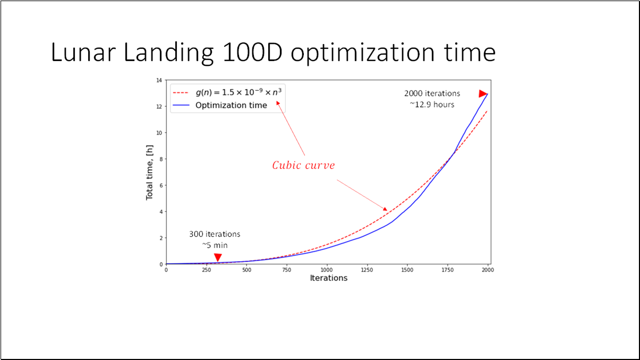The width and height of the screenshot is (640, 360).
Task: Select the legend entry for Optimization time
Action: coord(231,105)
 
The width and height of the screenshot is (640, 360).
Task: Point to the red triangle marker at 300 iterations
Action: coord(218,258)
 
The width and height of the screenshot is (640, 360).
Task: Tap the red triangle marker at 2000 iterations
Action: coord(483,94)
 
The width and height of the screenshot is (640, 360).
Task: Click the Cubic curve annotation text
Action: coord(303,165)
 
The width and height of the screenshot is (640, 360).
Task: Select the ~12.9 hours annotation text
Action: coord(432,105)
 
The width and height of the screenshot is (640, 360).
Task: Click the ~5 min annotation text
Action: coord(215,245)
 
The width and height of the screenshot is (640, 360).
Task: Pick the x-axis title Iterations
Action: coord(328,278)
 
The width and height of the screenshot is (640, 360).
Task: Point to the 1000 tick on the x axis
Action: coord(327,269)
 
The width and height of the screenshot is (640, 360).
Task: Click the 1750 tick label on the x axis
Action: coord(447,269)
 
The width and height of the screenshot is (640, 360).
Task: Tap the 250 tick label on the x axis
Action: coord(206,269)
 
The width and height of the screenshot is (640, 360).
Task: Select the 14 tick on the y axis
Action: coord(159,80)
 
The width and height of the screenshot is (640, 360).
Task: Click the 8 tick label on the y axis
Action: coord(160,159)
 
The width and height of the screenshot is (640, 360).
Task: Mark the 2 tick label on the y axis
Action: coord(160,238)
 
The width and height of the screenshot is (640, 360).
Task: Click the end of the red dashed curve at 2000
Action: coord(487,111)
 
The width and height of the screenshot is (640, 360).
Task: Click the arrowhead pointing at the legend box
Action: coord(278,104)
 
